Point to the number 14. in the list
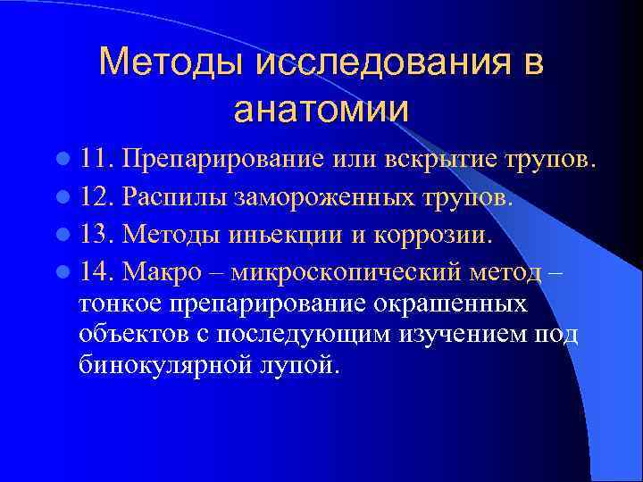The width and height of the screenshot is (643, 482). click(x=96, y=270)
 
